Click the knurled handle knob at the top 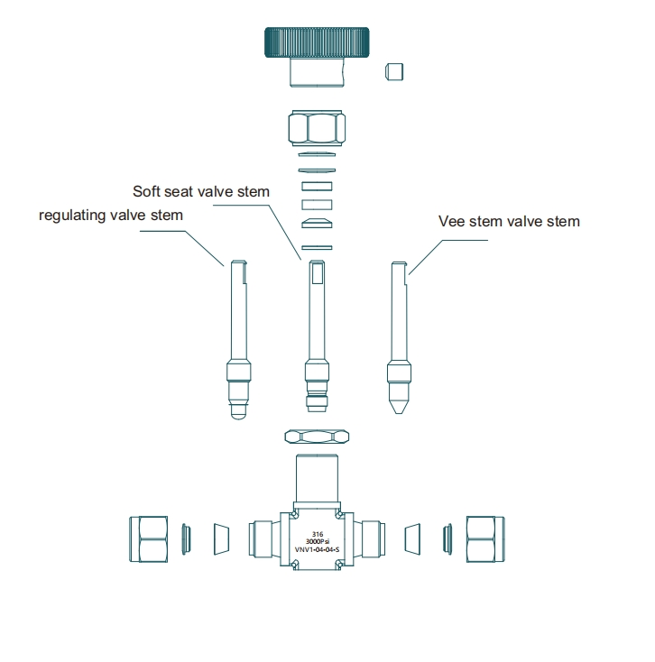tap(317, 42)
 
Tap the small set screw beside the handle tap(394, 71)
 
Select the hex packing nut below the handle tap(317, 127)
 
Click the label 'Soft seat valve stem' tap(201, 192)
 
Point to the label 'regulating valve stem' tap(111, 216)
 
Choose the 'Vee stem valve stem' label tap(509, 222)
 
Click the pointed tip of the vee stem tap(399, 412)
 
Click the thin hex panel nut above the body tap(317, 437)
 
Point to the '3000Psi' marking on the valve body tap(318, 542)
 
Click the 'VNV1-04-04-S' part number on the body tap(317, 549)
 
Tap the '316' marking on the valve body tap(318, 535)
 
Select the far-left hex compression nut tap(148, 539)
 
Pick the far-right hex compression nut tap(485, 539)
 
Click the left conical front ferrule tap(221, 539)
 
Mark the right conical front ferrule tap(412, 539)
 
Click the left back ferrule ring tap(186, 539)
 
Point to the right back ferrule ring tap(447, 539)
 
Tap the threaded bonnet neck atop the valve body tap(317, 478)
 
